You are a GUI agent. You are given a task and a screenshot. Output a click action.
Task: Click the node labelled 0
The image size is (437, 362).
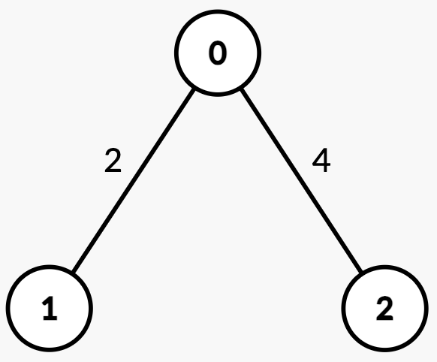click(218, 53)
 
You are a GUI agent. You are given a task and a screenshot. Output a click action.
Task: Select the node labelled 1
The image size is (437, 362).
click(50, 309)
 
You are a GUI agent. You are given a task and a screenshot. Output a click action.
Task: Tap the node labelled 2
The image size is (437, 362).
click(385, 309)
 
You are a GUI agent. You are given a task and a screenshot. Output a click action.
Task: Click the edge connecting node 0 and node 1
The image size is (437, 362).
click(134, 180)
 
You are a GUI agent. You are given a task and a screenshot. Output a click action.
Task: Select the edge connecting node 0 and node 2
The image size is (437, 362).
click(302, 179)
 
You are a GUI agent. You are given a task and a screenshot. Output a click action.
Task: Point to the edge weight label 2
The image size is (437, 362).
click(113, 160)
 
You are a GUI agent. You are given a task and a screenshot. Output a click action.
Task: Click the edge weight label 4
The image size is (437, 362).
click(321, 160)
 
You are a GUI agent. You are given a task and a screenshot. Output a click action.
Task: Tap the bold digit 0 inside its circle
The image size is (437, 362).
click(218, 53)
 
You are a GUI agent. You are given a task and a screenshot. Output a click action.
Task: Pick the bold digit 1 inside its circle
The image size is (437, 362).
click(50, 309)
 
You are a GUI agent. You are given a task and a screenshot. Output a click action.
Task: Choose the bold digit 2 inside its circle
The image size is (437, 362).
click(385, 309)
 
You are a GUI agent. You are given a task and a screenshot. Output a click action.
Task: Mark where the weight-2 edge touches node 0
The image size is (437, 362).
click(194, 89)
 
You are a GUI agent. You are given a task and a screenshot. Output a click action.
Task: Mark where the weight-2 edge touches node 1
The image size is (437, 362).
click(74, 272)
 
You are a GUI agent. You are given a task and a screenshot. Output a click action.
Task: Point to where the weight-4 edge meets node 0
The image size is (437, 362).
click(242, 89)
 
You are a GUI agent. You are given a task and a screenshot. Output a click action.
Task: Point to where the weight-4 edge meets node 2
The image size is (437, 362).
click(361, 271)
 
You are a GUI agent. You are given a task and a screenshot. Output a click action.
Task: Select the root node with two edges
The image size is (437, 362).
click(218, 53)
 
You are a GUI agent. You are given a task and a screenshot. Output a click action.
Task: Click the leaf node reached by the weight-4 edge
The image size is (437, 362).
click(385, 309)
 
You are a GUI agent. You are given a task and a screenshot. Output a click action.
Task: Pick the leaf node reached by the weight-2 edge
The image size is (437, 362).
click(50, 309)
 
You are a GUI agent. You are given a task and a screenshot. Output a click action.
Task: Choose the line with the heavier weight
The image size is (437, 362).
click(302, 179)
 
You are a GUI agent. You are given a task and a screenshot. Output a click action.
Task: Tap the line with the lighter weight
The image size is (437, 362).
click(134, 180)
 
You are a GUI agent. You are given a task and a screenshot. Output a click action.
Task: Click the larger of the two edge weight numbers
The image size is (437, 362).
click(321, 160)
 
